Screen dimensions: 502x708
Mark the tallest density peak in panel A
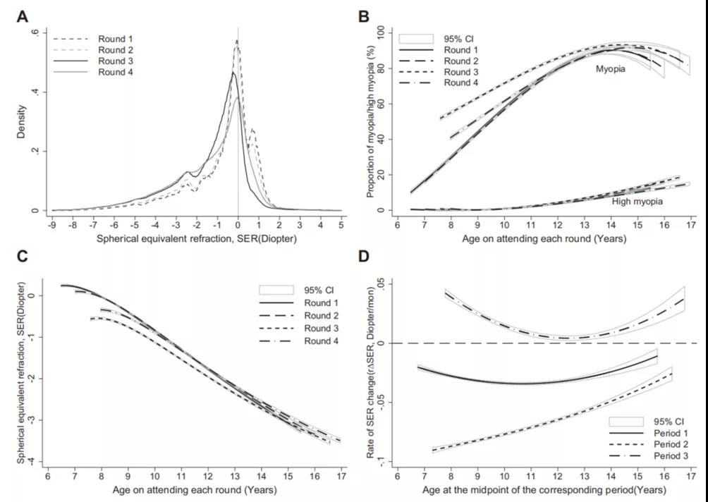237,41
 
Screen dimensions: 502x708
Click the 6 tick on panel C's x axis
48,476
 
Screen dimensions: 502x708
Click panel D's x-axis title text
543,489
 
